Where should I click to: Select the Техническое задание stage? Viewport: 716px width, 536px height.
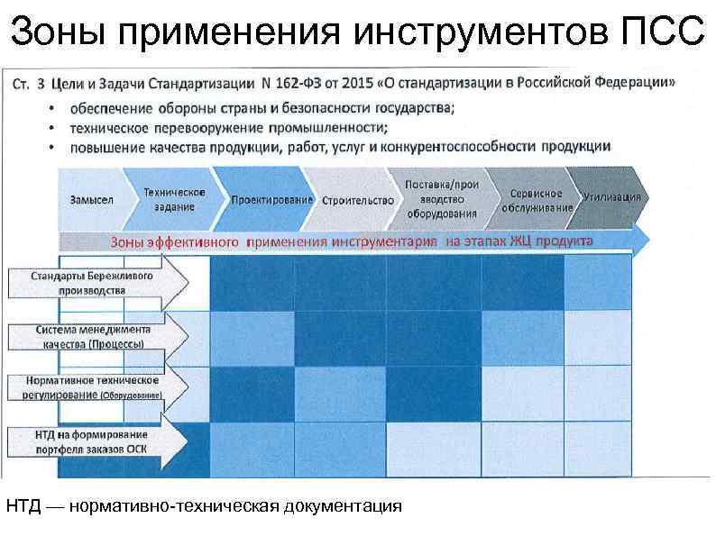point(174,200)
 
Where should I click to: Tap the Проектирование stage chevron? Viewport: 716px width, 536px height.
point(271,199)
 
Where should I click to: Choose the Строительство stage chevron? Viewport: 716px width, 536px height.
point(357,200)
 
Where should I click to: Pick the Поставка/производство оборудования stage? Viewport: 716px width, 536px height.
point(441,199)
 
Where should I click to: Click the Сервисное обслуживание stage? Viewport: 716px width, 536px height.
point(536,200)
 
